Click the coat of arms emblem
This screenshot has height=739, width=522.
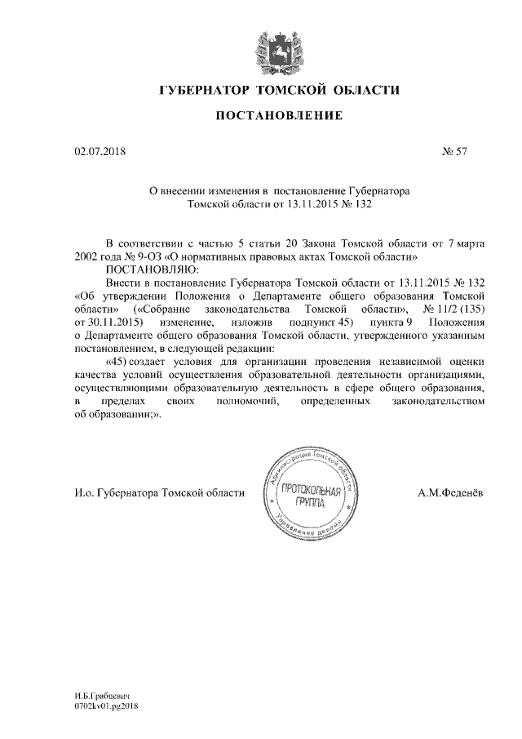click(x=271, y=47)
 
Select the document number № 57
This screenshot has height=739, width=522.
click(x=453, y=151)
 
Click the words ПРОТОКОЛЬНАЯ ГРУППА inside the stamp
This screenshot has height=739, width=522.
click(x=313, y=495)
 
